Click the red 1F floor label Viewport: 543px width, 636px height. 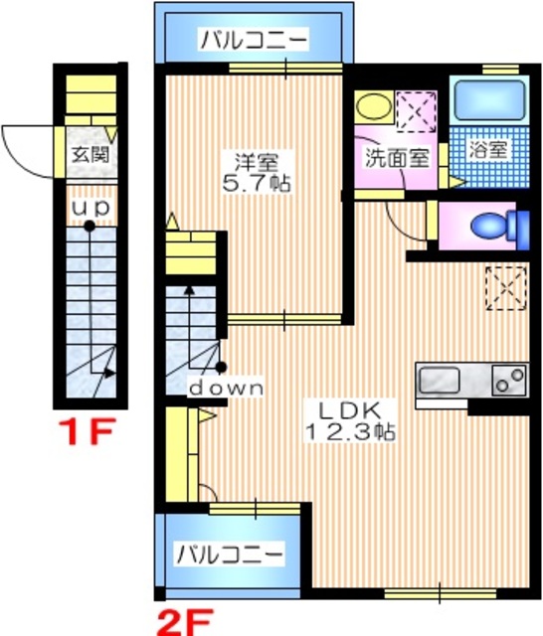click(x=90, y=435)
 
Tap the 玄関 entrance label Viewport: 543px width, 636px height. click(x=88, y=156)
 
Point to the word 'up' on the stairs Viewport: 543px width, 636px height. click(x=89, y=208)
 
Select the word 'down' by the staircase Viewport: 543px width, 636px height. click(x=228, y=388)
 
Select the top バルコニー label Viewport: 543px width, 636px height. click(x=253, y=41)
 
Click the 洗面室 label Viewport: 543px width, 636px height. click(x=396, y=157)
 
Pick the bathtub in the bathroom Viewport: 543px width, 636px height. click(x=488, y=101)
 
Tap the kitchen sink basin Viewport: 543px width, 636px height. click(x=439, y=379)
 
